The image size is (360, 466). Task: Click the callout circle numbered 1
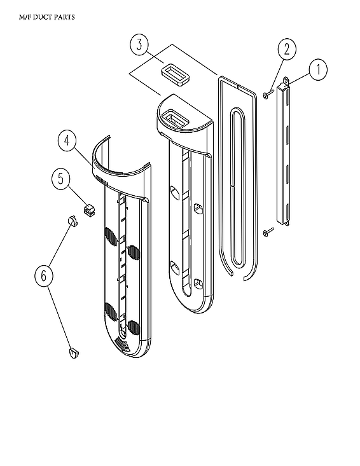[318, 68]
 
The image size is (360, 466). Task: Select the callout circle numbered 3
[140, 46]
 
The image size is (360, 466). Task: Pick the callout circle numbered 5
[61, 179]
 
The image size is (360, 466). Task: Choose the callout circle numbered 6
[44, 275]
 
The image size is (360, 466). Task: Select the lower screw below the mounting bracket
[268, 232]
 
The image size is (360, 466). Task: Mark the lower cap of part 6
[72, 352]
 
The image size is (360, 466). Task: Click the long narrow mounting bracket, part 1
[287, 153]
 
